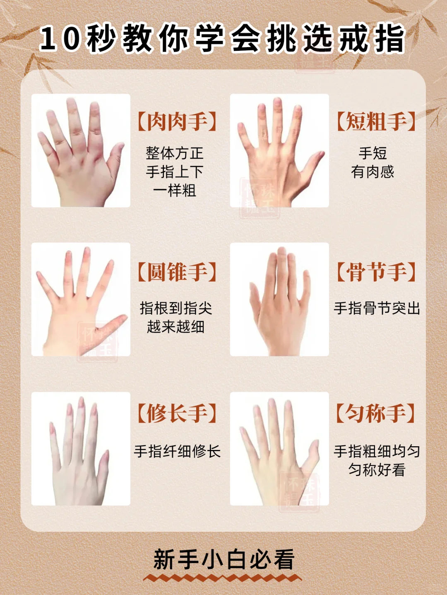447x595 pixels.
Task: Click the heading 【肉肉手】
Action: tap(177, 121)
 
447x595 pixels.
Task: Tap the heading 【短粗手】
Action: tap(376, 121)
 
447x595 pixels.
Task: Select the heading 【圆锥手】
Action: tap(177, 272)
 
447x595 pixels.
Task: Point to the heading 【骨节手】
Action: tap(376, 272)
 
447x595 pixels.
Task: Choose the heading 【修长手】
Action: tap(177, 413)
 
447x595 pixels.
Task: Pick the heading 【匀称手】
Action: tap(376, 413)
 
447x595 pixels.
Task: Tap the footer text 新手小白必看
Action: tap(224, 559)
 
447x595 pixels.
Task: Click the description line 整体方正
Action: tap(174, 153)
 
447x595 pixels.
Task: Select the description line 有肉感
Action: tap(372, 172)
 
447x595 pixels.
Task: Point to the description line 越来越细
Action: tap(175, 327)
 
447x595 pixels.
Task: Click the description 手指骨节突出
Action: tap(377, 308)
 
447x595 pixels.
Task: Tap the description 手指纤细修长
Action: tap(177, 451)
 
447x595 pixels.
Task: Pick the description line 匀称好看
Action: tap(377, 470)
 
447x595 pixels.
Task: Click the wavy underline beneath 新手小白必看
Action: tap(223, 578)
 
